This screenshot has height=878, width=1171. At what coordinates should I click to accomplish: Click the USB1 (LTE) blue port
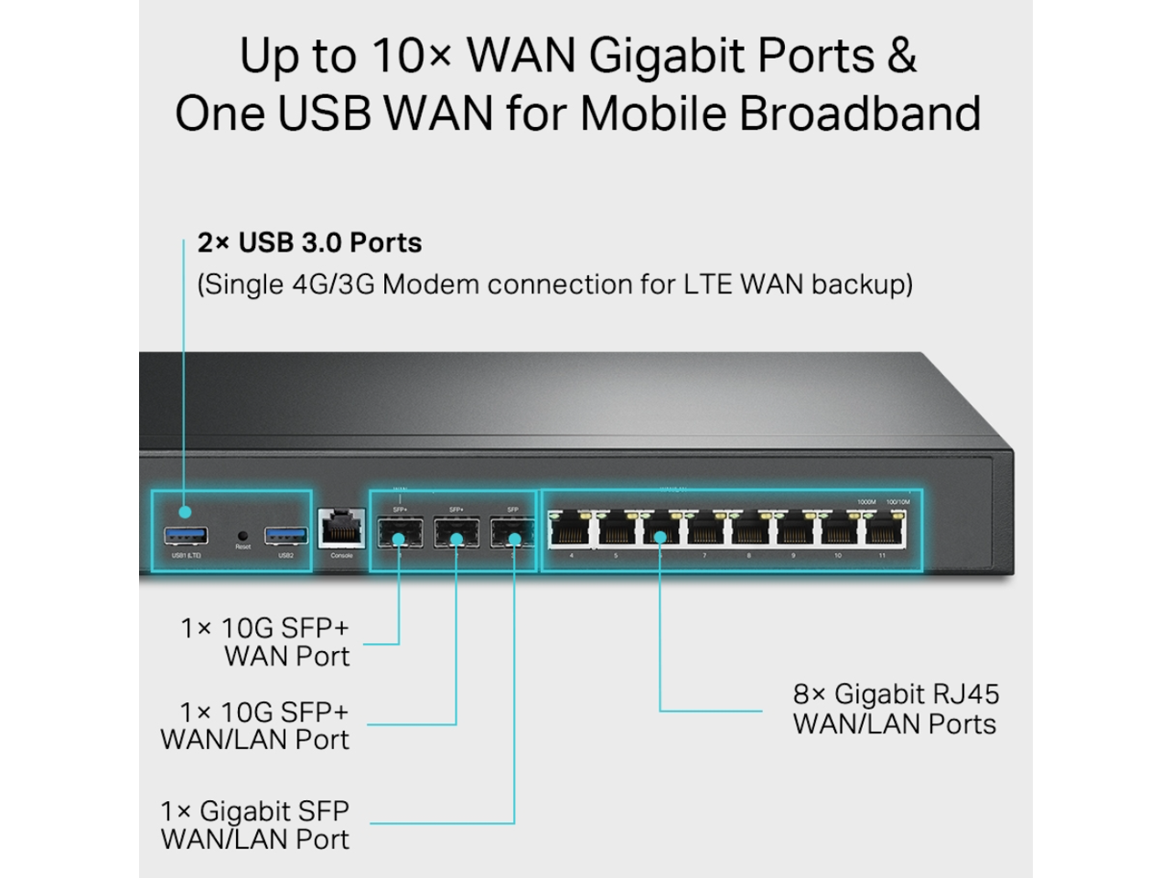pos(187,535)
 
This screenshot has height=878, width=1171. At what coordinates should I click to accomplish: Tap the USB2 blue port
pos(285,535)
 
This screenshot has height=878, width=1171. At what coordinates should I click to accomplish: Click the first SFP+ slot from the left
pos(400,533)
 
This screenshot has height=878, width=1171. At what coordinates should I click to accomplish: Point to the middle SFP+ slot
pos(456,533)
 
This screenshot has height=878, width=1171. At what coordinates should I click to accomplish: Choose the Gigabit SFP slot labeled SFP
pos(512,533)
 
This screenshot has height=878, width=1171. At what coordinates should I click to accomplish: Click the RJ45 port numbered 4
pos(571,530)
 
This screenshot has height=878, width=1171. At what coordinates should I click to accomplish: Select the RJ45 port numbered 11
pos(884,530)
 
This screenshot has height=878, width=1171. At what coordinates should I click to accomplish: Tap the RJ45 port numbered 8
pos(749,530)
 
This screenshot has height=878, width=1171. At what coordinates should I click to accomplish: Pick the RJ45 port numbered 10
pos(839,530)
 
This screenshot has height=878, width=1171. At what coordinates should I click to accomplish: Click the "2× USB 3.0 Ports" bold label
pos(309,243)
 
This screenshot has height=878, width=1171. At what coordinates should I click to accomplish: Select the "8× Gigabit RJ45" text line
pos(896,695)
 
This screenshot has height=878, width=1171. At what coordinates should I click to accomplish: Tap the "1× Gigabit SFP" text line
pos(254,811)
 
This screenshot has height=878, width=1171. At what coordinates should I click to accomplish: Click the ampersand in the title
pos(901,57)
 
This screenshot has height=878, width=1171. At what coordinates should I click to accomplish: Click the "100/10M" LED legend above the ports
pos(897,502)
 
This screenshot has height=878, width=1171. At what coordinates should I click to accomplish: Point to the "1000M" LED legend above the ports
pos(866,502)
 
